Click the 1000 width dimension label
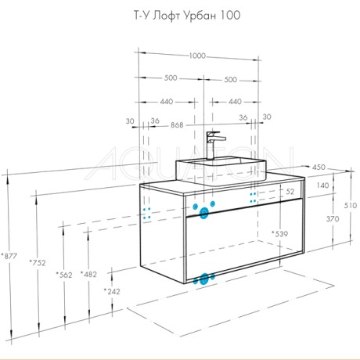(197, 56)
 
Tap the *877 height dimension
(9, 256)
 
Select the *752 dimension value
(38, 262)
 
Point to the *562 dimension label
(64, 275)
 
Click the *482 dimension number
(88, 274)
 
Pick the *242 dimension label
(112, 291)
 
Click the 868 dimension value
(177, 125)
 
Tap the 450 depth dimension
(319, 167)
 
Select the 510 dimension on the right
(351, 205)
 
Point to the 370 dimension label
(333, 218)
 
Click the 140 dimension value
(322, 185)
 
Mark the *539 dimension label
(279, 234)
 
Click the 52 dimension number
(290, 192)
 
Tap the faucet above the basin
(214, 146)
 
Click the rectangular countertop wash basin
(221, 171)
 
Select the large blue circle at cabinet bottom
(204, 279)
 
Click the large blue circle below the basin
(203, 213)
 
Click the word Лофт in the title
(166, 16)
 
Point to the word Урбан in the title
(200, 16)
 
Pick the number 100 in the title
(231, 16)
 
